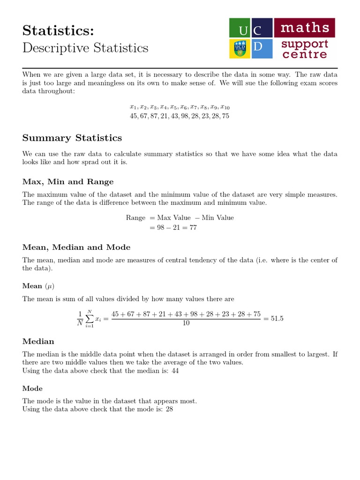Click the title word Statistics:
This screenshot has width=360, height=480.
coord(58,30)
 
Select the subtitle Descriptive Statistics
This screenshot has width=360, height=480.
coord(85,48)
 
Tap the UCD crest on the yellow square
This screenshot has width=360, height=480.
coord(239,49)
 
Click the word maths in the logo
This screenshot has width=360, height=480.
coord(305,28)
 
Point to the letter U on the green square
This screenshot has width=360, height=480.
coord(243,31)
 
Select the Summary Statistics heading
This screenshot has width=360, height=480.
coord(72,138)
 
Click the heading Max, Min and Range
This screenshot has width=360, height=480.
coord(68,181)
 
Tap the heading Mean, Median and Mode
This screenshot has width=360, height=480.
coord(76,247)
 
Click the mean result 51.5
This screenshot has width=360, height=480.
coord(277,319)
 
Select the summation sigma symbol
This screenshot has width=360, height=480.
coord(89,319)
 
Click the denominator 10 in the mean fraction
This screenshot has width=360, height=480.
coord(186,323)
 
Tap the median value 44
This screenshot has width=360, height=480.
coord(174,370)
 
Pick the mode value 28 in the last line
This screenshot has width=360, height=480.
coord(170,409)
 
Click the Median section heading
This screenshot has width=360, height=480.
coord(38,341)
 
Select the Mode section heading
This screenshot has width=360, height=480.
coord(32,388)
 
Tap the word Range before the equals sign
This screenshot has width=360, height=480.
coord(135,217)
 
